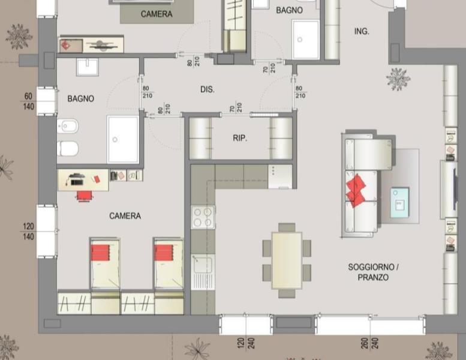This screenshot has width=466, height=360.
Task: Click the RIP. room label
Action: coord(240,138)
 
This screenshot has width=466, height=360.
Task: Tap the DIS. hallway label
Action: coord(207,89)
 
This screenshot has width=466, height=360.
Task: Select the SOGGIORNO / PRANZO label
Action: coord(373,272)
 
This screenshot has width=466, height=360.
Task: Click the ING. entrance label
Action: coord(362,31)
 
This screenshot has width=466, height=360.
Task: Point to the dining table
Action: coord(287,260)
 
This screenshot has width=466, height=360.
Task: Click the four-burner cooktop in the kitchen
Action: coord(203,217)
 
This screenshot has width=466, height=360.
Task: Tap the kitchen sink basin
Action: coord(203,265)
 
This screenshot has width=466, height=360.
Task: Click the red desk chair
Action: coord(85,196)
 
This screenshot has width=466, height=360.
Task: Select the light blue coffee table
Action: coord(399,202)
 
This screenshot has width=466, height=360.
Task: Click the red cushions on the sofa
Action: coord(356,190)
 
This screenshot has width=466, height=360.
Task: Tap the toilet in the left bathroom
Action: coord(67,148)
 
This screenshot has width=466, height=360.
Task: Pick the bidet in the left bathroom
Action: coord(67,126)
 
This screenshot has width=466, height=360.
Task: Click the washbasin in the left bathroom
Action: coord(88,67)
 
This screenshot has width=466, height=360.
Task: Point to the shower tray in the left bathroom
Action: coord(123,139)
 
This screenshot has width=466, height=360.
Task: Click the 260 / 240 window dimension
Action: coord(369,343)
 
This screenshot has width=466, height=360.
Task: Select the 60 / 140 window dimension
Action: coord(28,101)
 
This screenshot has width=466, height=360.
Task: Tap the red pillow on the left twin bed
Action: coord(100,253)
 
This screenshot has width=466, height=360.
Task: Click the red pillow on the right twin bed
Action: coord(164,253)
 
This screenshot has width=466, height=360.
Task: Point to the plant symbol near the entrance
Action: coord(398,79)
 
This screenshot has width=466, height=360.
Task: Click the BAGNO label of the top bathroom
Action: coord(289,10)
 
